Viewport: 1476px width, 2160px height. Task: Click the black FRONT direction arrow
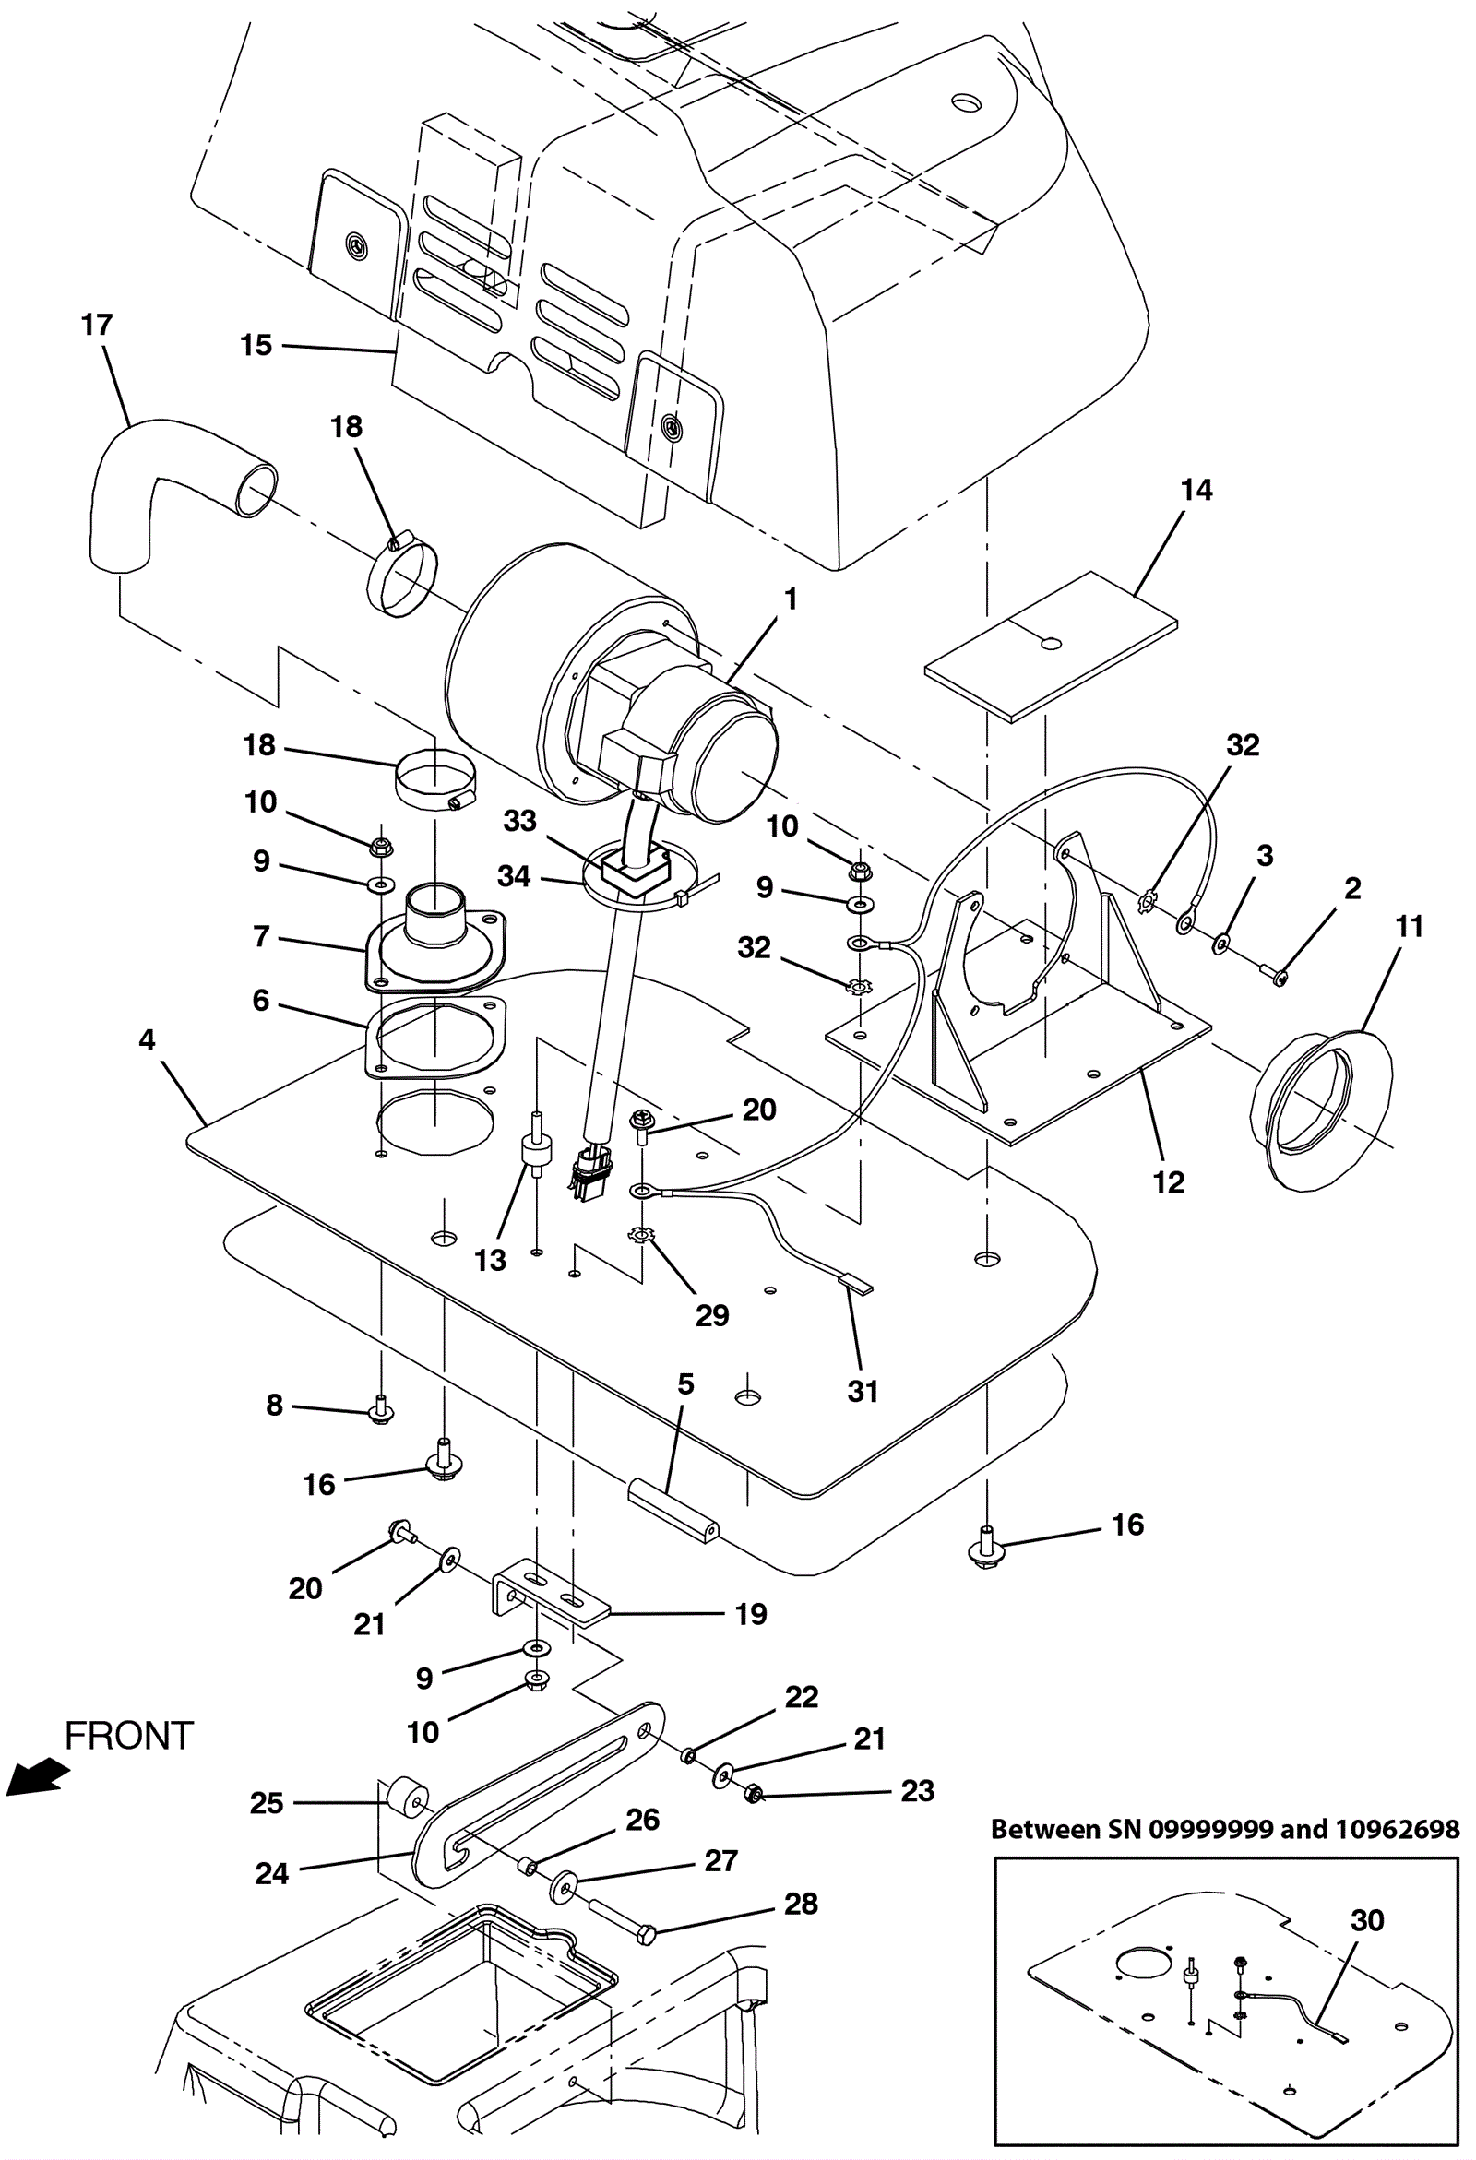coord(37,1776)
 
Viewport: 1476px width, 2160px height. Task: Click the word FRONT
coord(128,1735)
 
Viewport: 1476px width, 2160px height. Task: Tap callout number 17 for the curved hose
coord(97,325)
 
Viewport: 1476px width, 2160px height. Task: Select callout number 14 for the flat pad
coord(1196,490)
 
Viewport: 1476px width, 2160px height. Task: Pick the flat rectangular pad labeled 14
coord(1052,645)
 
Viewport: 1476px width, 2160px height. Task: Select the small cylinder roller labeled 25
coord(405,1803)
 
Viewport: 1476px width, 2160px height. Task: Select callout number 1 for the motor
coord(790,599)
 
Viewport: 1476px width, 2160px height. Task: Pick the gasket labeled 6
coord(434,1038)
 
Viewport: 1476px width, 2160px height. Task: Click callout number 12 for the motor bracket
coord(1168,1182)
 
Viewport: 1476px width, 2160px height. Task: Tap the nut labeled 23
coord(755,1793)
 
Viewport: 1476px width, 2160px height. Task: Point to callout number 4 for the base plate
coord(147,1040)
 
